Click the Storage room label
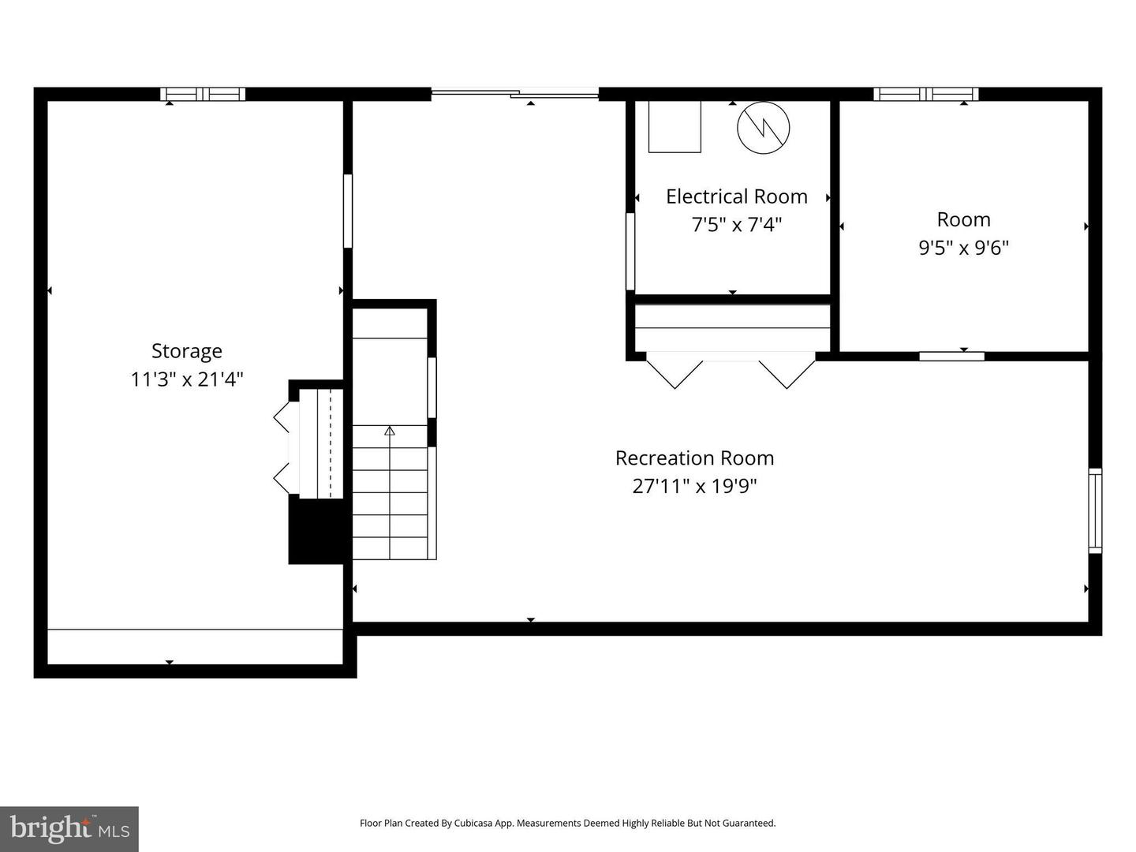click(187, 352)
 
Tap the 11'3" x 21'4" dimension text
click(187, 379)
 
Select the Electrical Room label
click(737, 196)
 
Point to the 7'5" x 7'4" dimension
click(737, 225)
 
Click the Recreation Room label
click(694, 458)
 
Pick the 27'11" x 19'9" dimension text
click(694, 486)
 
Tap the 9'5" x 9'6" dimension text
click(964, 248)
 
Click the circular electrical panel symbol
click(764, 127)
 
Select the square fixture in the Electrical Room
click(674, 127)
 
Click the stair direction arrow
click(390, 431)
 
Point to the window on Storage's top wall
click(203, 94)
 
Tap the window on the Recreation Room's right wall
click(1095, 510)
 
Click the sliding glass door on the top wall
click(515, 94)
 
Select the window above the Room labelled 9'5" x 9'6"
click(926, 94)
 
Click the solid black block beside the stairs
click(316, 529)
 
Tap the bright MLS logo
click(69, 828)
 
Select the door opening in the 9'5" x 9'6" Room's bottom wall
click(951, 357)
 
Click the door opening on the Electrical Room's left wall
click(630, 252)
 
